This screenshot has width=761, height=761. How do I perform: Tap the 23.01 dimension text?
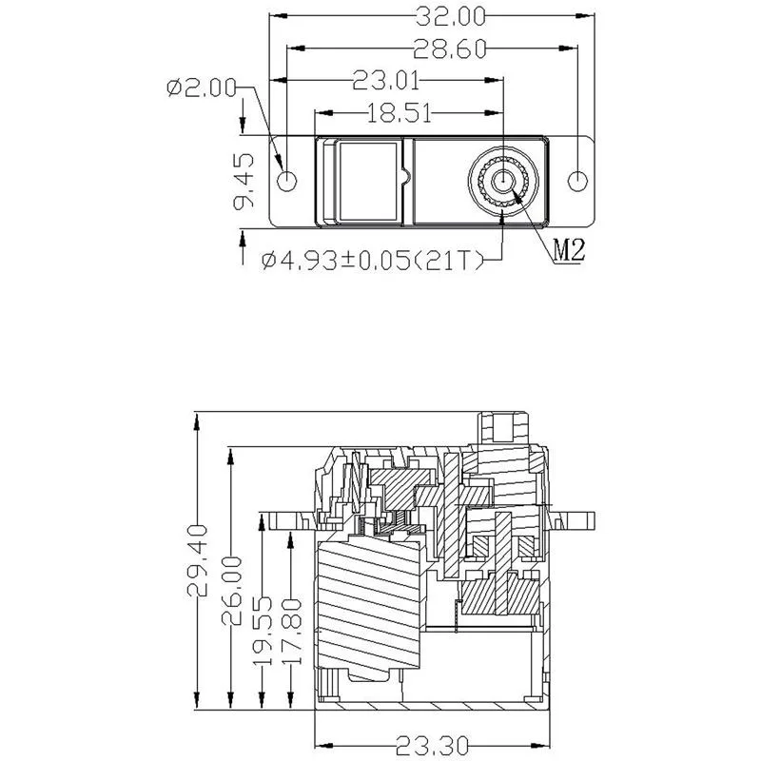click(x=384, y=80)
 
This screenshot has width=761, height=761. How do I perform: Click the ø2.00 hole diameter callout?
click(x=200, y=88)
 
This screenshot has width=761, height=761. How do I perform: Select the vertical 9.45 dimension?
click(x=244, y=182)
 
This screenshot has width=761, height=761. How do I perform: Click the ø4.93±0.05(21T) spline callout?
click(x=373, y=260)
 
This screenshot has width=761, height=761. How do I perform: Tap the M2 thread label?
click(x=568, y=251)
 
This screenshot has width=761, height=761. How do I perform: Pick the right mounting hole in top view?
click(x=577, y=181)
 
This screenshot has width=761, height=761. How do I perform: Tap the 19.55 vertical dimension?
click(x=263, y=629)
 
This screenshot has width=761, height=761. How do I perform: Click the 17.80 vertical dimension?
click(x=291, y=629)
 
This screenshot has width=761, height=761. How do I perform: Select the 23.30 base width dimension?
click(x=431, y=745)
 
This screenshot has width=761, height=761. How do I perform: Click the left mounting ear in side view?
click(x=285, y=519)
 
